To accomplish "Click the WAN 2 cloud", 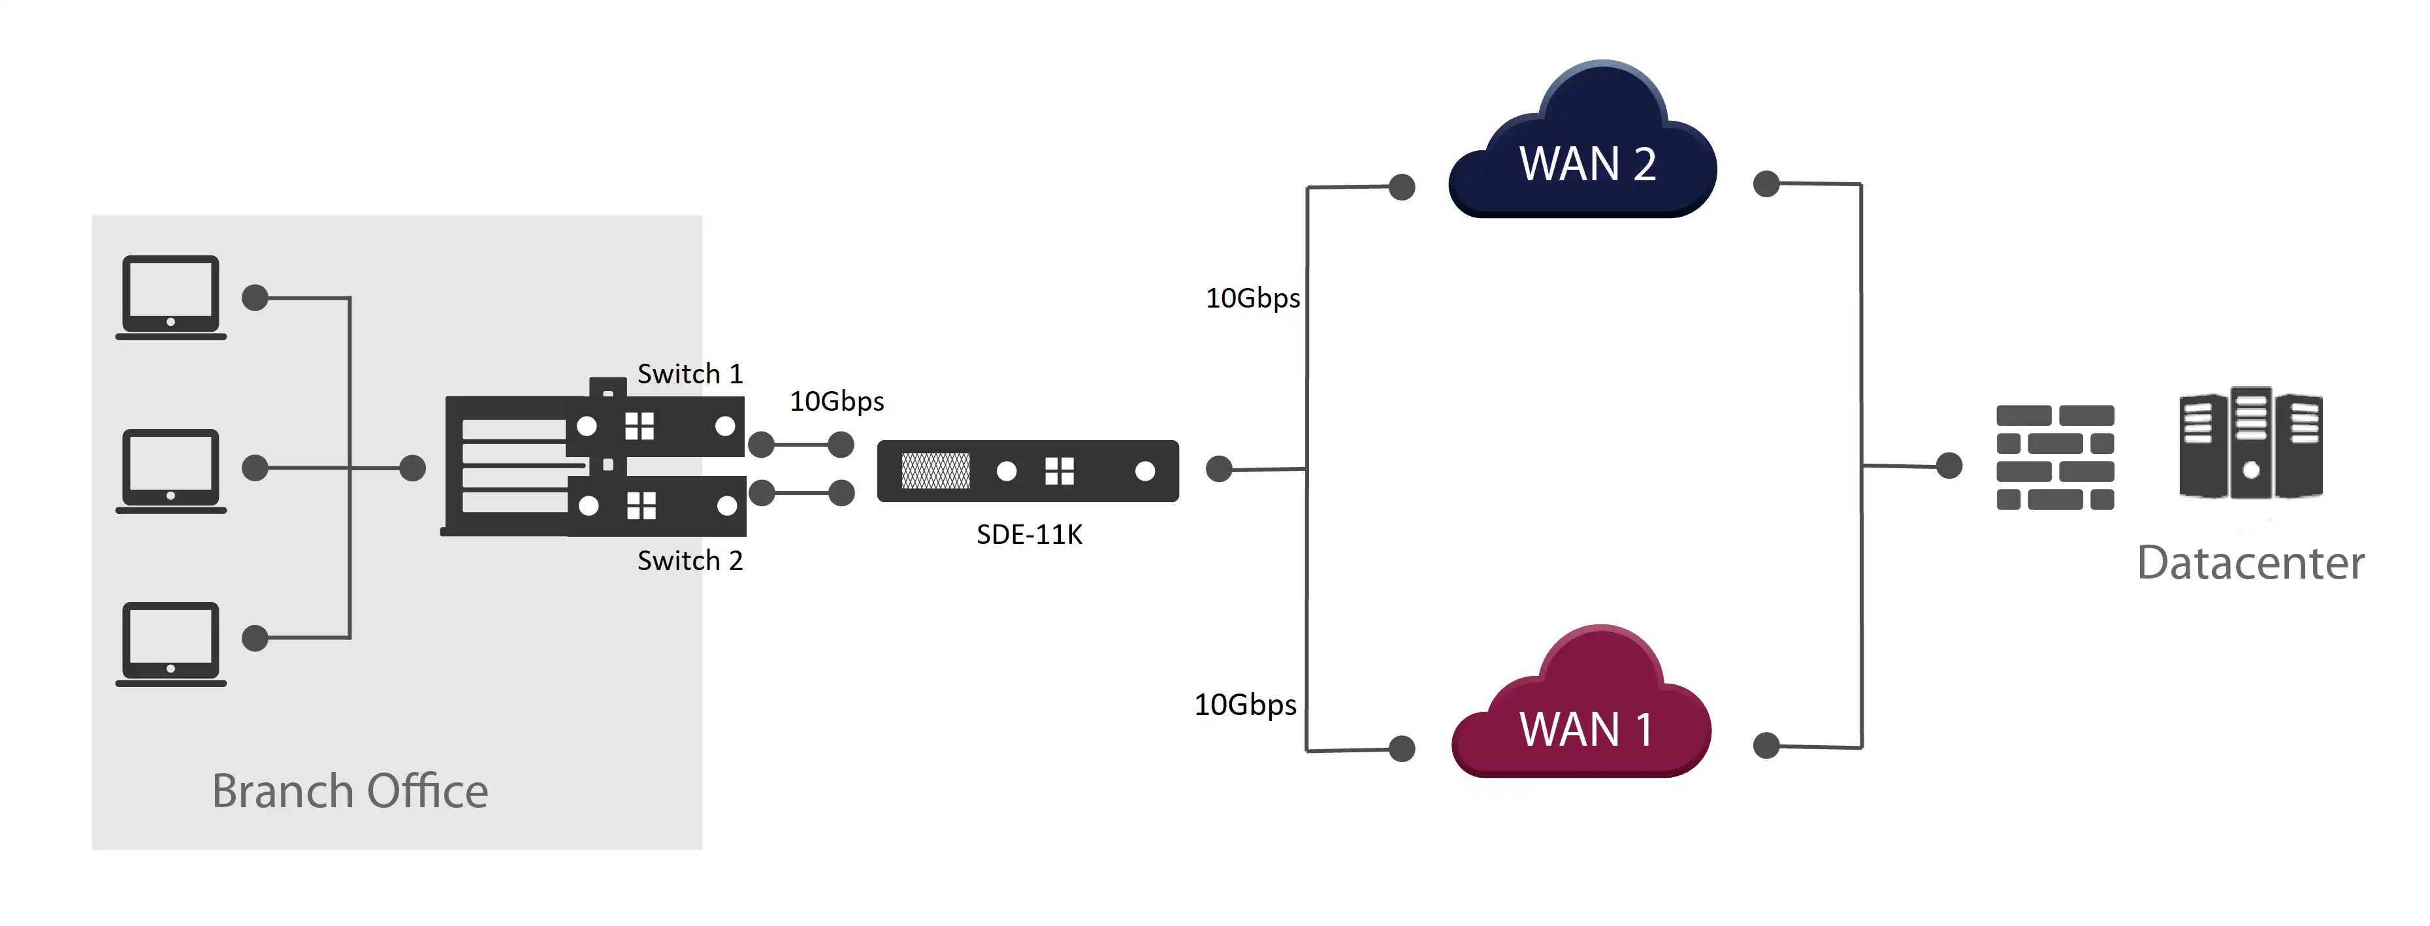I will (1585, 151).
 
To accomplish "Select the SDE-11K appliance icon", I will (1028, 471).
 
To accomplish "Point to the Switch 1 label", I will (690, 374).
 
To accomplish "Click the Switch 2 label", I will (690, 560).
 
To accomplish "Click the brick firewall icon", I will (2054, 457).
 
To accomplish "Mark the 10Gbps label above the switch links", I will (837, 401).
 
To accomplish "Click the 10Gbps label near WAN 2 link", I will (1252, 298).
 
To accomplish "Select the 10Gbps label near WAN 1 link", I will (1245, 705).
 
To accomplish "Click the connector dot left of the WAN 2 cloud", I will (1402, 187).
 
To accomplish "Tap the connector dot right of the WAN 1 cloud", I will (1766, 746).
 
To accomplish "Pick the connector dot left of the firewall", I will (1949, 465).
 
